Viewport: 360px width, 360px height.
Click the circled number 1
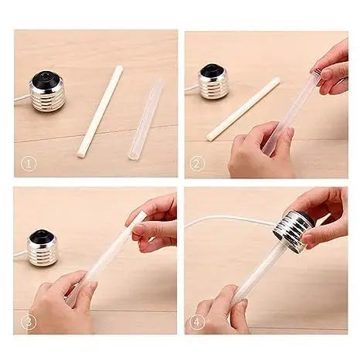coord(29,164)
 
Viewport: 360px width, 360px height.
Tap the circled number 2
coord(198,164)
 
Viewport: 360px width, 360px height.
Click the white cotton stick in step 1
coord(100,111)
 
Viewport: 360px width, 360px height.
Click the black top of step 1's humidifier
coord(47,80)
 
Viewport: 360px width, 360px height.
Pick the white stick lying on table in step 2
coord(243,108)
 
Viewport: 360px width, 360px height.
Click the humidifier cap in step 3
coord(42,247)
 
